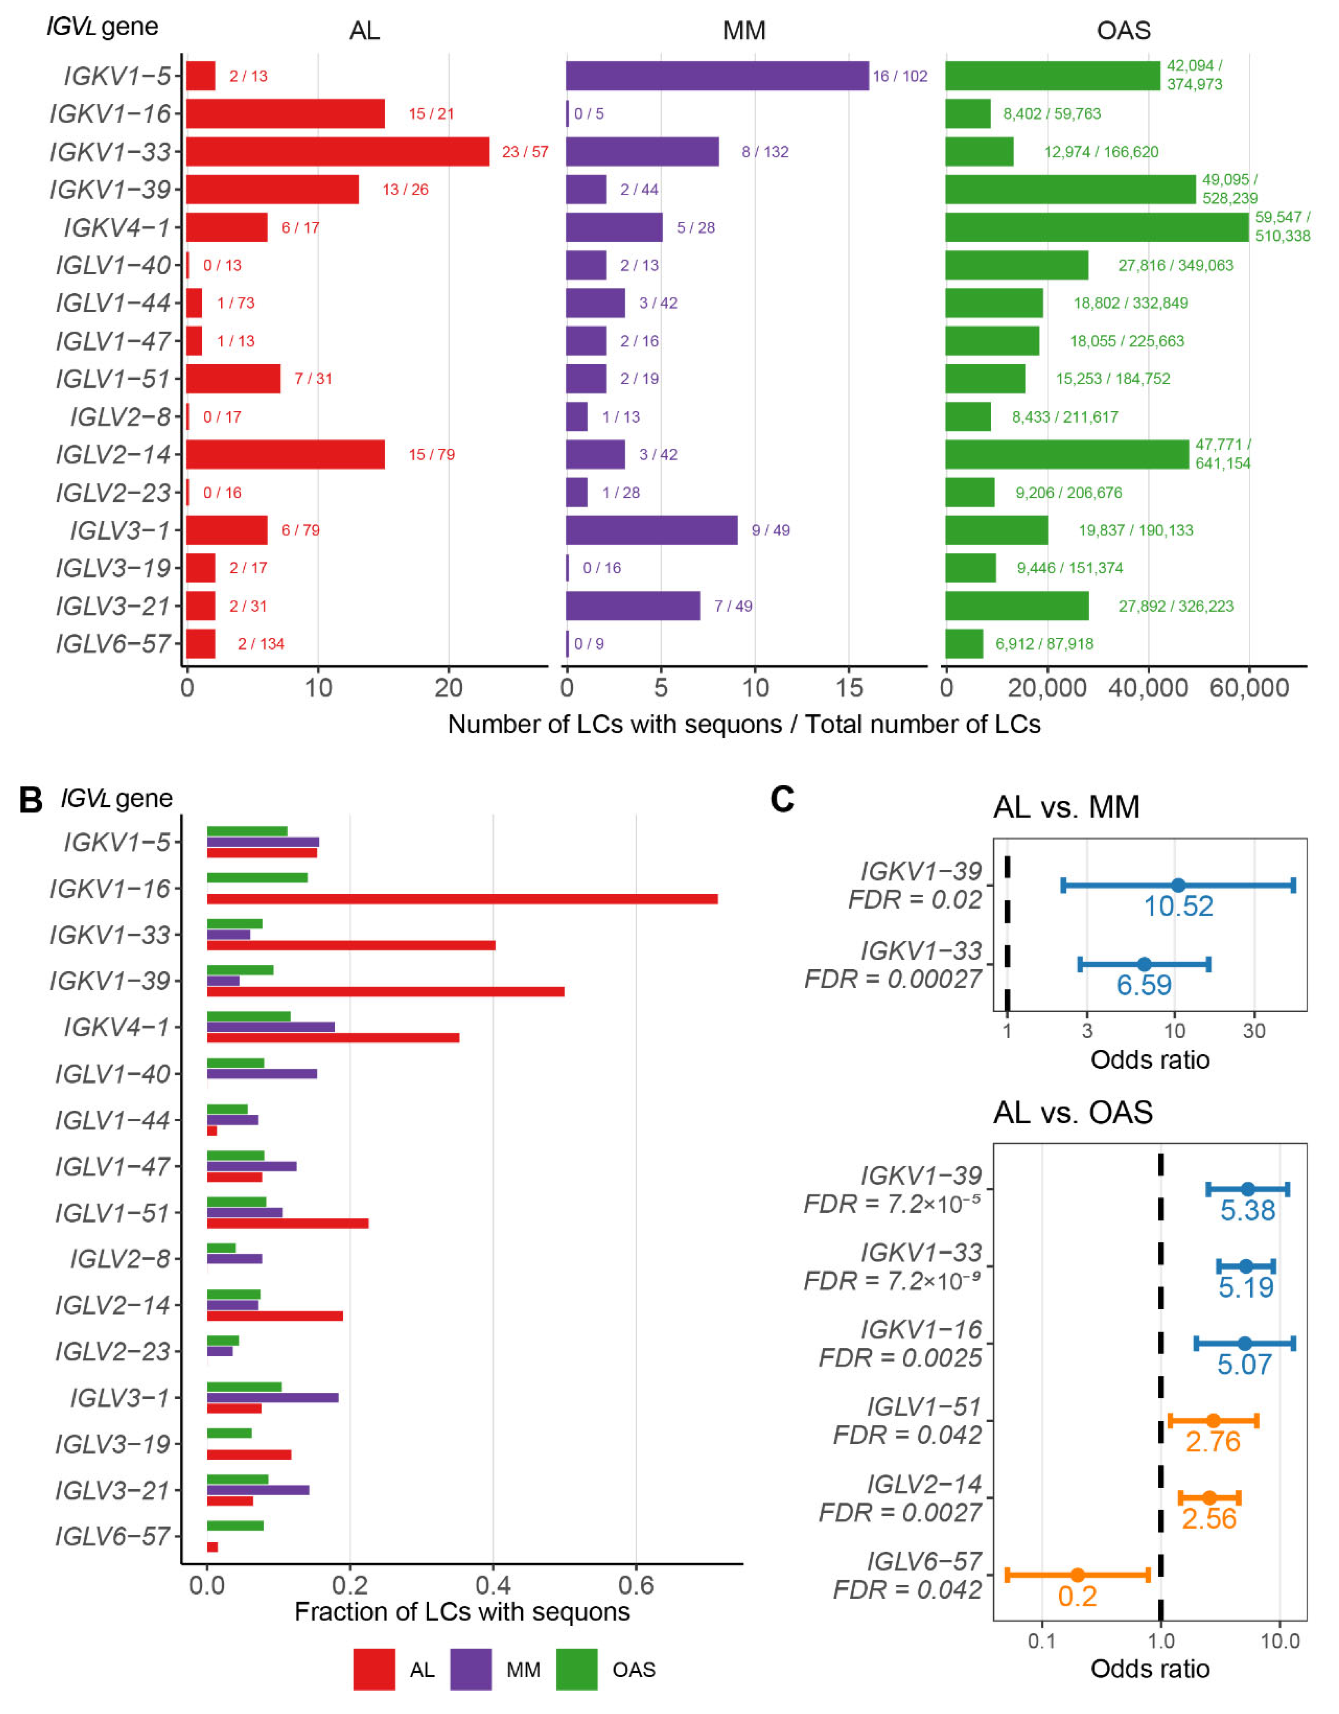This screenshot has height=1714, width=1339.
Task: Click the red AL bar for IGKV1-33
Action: click(x=338, y=152)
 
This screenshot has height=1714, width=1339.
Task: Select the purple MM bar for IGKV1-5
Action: click(x=717, y=76)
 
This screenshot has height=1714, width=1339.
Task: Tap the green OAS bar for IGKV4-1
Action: click(x=1097, y=228)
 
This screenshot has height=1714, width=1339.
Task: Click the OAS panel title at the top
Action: click(x=1123, y=31)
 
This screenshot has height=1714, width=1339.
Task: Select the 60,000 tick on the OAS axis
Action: click(x=1249, y=688)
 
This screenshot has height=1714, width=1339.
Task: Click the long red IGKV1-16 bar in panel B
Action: click(x=462, y=898)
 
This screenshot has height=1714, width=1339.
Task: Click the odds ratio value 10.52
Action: click(x=1178, y=906)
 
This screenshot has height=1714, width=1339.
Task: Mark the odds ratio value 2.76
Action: click(x=1213, y=1442)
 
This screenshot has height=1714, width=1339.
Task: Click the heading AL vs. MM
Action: click(x=1066, y=807)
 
